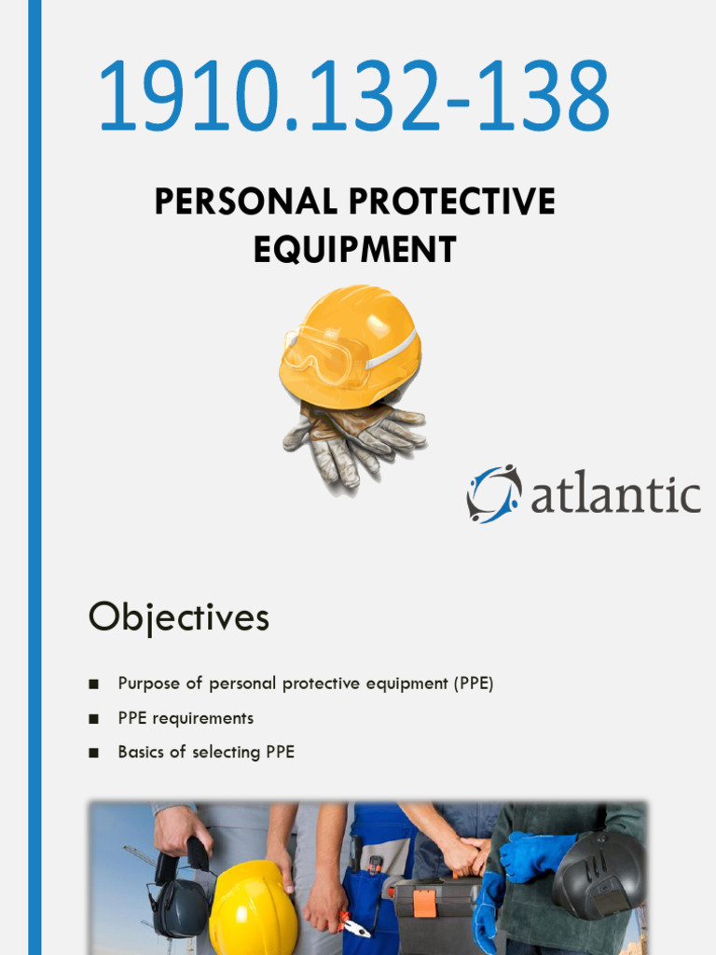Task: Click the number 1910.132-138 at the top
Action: pyautogui.click(x=353, y=96)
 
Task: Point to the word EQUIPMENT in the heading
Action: pyautogui.click(x=354, y=249)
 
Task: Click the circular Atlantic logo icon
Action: pyautogui.click(x=493, y=493)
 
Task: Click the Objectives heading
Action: pyautogui.click(x=179, y=617)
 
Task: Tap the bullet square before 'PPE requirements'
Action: pyautogui.click(x=93, y=719)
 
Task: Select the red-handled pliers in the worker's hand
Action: pyautogui.click(x=354, y=923)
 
